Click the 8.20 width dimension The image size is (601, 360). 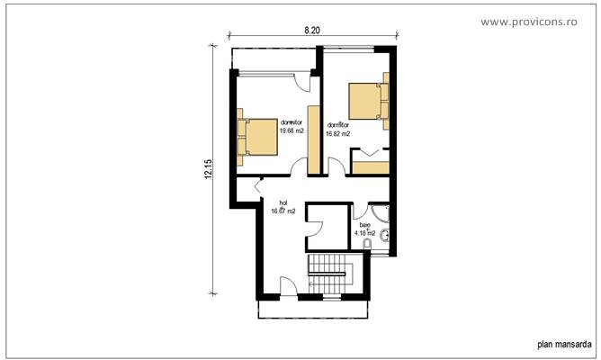pos(312,30)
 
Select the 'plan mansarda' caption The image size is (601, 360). pos(563,343)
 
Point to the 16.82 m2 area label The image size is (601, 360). pos(338,133)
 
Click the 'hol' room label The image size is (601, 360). pos(283,203)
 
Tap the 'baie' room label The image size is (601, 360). pos(364,226)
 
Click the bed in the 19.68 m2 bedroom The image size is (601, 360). pos(256,138)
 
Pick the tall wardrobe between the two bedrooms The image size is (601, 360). pos(314,139)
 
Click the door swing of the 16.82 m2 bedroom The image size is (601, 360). pos(335,166)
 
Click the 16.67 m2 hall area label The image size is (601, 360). pos(283,211)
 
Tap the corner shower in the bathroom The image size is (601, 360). pos(383,211)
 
